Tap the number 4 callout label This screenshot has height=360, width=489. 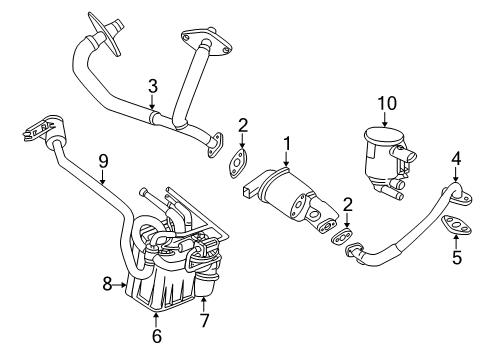point(455,157)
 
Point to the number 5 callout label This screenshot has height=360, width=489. point(457,258)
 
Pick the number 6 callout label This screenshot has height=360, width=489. point(156,337)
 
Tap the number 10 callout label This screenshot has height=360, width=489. point(387,103)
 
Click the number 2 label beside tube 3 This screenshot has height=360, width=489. point(242,126)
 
